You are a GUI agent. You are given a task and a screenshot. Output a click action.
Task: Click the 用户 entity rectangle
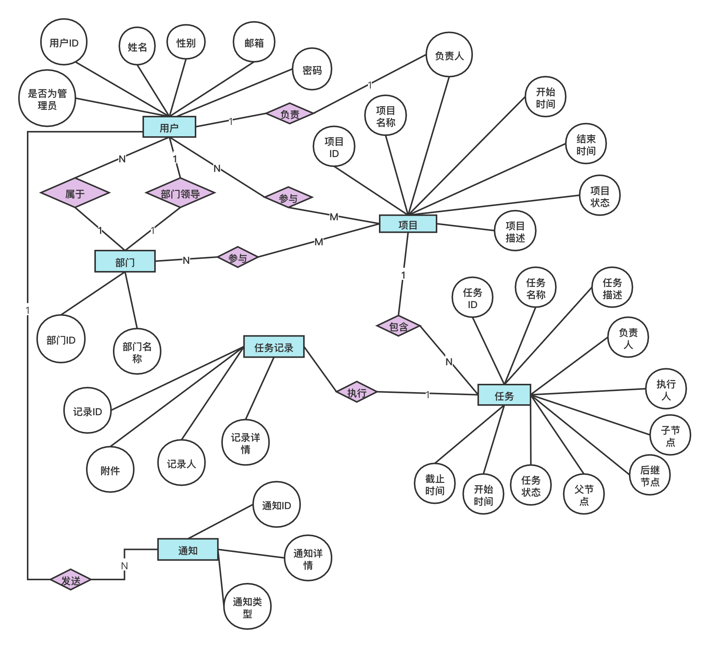(169, 127)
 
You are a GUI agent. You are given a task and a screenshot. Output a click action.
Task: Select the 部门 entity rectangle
(125, 261)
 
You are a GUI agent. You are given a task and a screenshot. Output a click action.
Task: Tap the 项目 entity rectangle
(408, 224)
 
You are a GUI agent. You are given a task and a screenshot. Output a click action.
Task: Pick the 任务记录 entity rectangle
(274, 347)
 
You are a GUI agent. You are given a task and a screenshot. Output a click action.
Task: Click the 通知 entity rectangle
(188, 550)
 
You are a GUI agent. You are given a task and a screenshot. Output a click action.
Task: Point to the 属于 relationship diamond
(75, 193)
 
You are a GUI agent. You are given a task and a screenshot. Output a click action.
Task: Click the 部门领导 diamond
(180, 193)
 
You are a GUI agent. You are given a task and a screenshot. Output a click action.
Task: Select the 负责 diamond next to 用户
(290, 113)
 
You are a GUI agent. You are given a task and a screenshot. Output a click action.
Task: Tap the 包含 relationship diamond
(399, 326)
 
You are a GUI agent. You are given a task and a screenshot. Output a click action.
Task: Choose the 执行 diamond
(357, 392)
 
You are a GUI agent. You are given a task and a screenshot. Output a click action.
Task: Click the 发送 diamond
(71, 579)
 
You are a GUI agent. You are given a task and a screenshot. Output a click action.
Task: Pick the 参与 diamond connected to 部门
(238, 257)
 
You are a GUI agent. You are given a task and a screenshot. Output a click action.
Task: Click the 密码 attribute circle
(312, 69)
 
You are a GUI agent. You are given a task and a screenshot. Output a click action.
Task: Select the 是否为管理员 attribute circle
(47, 98)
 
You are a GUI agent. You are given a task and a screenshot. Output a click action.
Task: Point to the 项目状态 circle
(599, 196)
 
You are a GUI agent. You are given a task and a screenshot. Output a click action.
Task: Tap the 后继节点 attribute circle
(650, 475)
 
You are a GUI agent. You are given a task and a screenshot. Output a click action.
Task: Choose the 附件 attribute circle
(110, 470)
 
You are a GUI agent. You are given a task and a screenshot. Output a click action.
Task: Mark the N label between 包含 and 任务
(449, 362)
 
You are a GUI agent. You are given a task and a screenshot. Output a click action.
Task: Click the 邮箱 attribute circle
(254, 42)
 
